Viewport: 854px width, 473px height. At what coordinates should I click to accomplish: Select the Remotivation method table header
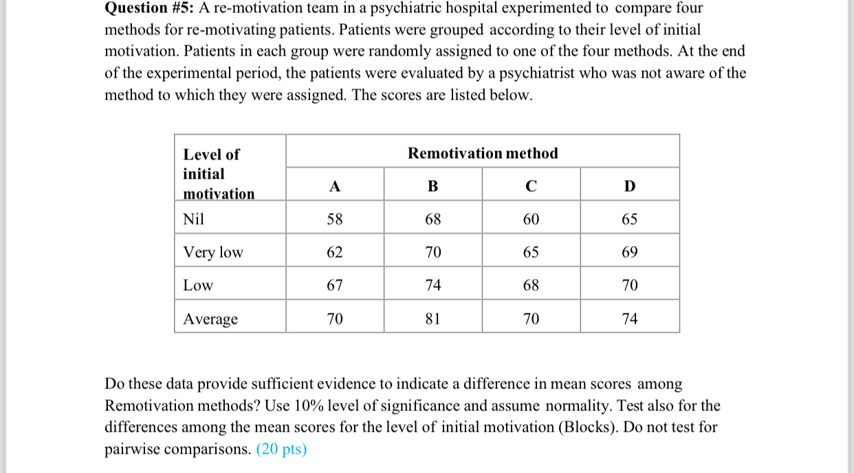point(483,153)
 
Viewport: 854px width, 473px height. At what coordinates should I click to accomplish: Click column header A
point(334,186)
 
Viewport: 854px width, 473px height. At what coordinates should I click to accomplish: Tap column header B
point(433,186)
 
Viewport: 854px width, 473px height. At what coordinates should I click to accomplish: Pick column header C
point(531,186)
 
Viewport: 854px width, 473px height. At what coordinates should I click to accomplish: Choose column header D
point(630,186)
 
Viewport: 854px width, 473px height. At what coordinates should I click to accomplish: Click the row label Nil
point(194,219)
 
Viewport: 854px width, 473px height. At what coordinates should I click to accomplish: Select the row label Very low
point(213,252)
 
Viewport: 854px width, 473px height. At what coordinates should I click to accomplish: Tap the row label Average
point(210,319)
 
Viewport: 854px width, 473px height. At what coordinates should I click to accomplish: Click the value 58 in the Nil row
point(334,219)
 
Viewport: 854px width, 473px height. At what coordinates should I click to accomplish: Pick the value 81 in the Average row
point(433,319)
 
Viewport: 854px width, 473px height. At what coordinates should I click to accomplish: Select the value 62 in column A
point(334,252)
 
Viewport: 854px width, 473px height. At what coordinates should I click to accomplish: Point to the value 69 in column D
point(630,252)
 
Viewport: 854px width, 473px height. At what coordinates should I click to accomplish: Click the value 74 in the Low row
point(433,285)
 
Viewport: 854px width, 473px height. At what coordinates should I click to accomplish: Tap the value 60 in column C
point(531,219)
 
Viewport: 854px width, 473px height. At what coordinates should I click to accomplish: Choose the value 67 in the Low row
point(334,285)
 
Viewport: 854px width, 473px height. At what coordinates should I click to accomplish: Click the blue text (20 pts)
point(281,450)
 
